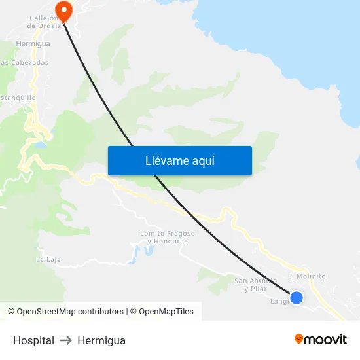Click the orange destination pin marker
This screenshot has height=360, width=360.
(63, 9)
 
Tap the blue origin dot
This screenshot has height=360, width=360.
(297, 298)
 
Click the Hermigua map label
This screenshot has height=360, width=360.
(33, 43)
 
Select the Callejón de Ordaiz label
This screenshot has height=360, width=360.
(43, 22)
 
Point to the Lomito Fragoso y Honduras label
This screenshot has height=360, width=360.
(168, 237)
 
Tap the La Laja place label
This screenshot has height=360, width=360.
(48, 260)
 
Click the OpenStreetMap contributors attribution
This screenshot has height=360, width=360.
(70, 312)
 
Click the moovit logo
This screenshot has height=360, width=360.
(321, 340)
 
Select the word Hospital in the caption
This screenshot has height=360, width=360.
(33, 340)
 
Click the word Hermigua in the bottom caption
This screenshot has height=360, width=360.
(101, 340)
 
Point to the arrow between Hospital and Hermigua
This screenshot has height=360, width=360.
(65, 340)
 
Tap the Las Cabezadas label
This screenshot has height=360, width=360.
(25, 63)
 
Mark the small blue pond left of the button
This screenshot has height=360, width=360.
(41, 144)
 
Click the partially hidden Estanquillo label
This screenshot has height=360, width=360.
(18, 98)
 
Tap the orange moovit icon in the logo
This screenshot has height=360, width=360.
(299, 339)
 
